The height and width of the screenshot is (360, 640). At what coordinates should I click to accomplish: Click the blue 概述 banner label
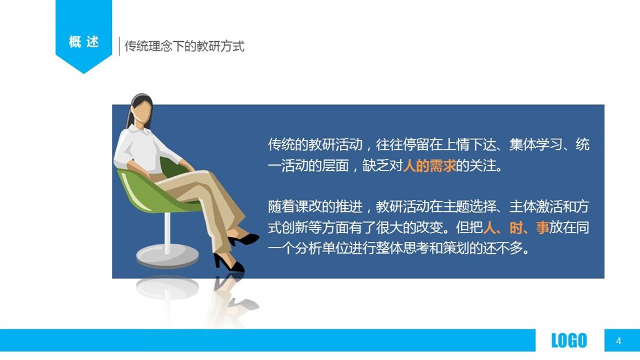(x=84, y=42)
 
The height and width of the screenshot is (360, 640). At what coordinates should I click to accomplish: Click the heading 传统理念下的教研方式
(x=184, y=46)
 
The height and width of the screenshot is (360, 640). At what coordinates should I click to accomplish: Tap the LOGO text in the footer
(x=569, y=341)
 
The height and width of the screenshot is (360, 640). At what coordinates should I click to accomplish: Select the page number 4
(x=619, y=341)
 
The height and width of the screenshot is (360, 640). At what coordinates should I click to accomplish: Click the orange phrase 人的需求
(x=429, y=166)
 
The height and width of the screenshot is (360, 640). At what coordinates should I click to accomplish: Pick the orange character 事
(x=542, y=227)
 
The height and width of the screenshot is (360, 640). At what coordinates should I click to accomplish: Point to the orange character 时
(x=516, y=227)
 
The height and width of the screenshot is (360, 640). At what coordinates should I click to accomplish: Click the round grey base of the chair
(x=167, y=256)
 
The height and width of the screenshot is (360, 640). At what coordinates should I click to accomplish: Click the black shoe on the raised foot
(x=244, y=239)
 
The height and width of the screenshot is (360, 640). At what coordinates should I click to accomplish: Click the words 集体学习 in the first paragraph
(x=536, y=145)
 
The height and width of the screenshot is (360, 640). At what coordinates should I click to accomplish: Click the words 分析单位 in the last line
(x=321, y=248)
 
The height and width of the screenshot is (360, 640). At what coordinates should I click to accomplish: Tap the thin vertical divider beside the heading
(x=119, y=46)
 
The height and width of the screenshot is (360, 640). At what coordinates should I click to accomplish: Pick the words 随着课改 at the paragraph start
(x=295, y=206)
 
